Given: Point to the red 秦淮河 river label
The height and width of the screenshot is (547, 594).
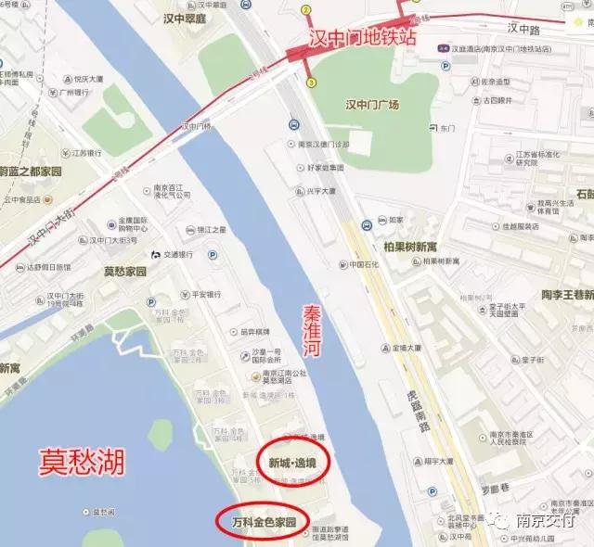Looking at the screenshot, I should point(316,339).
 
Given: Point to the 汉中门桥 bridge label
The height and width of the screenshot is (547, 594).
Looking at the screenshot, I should point(198,126).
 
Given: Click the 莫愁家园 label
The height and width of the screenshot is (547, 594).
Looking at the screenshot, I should point(125,272).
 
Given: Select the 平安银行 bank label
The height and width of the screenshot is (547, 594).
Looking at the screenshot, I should point(200,295).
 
